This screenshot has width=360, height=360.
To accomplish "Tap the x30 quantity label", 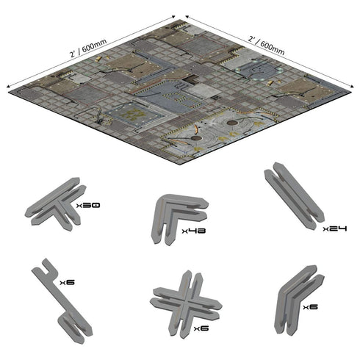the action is pos(88,205).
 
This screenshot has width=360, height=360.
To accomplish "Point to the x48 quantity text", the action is pos(194,231).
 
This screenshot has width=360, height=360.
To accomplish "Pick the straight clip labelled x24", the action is pos(294,196).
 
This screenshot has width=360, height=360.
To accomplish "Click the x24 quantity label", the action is pos(335,228).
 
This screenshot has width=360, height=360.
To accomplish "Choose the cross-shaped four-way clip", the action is pos(186,305).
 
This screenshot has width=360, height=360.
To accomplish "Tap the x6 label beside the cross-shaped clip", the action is pos(201,328).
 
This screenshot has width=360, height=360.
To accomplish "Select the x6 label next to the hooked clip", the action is pos(67,282).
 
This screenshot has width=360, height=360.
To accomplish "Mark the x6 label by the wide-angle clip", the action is pos(310,307).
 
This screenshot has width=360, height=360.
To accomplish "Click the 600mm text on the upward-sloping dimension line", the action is pos(94,46).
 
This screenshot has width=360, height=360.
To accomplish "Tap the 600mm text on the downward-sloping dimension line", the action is pos(273,48).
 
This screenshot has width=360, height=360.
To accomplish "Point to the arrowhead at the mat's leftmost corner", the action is pos(8,87).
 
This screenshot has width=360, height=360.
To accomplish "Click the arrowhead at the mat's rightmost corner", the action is pos(352,87).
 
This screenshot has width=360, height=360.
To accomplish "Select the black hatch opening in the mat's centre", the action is pos(190,79).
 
